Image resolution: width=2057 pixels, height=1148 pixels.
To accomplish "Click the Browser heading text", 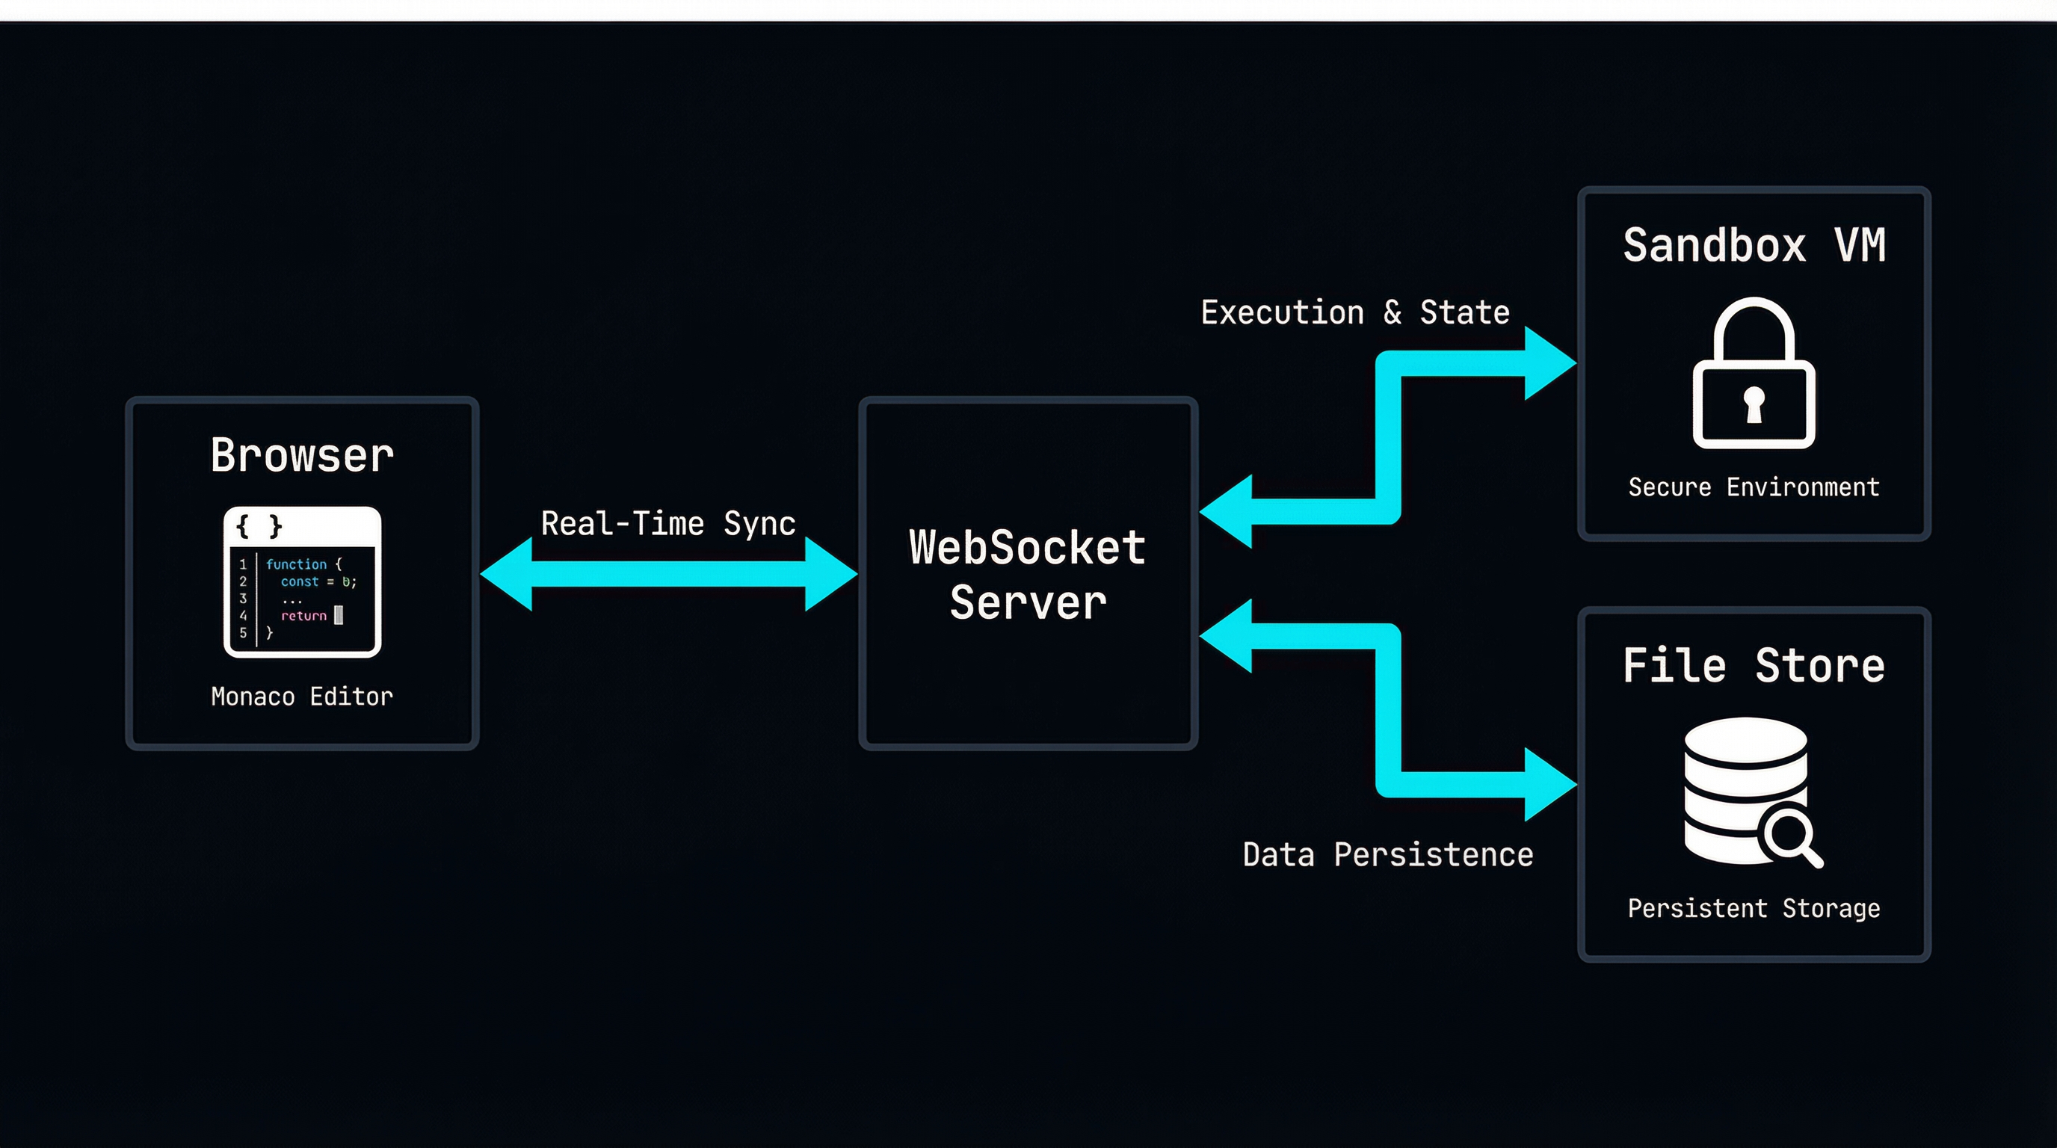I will pyautogui.click(x=302, y=456).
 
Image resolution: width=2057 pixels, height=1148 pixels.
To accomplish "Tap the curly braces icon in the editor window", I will pyautogui.click(x=259, y=526).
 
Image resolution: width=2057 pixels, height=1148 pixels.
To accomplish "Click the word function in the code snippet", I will pyautogui.click(x=295, y=564).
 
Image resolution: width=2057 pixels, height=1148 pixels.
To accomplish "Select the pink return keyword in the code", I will pyautogui.click(x=303, y=616).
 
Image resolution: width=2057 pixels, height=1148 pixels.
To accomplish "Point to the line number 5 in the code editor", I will pyautogui.click(x=243, y=632).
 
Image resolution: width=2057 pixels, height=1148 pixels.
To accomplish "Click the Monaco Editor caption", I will pyautogui.click(x=302, y=696).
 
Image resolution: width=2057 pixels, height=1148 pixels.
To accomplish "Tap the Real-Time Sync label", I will pyautogui.click(x=668, y=524).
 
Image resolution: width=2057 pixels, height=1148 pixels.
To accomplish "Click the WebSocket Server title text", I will pyautogui.click(x=1028, y=574).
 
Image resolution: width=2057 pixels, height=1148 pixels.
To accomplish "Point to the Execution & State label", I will pyautogui.click(x=1355, y=312).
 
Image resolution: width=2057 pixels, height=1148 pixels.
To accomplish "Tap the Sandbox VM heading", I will pyautogui.click(x=1754, y=245).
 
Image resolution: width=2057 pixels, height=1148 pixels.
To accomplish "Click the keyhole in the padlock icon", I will pyautogui.click(x=1754, y=403).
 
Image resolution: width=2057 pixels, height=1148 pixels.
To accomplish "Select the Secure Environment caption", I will pyautogui.click(x=1754, y=487).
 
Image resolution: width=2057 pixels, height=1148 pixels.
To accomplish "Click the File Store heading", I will pyautogui.click(x=1754, y=666).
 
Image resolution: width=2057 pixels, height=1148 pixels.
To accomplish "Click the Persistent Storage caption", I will pyautogui.click(x=1754, y=909).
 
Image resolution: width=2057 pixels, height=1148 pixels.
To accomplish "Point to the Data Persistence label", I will pyautogui.click(x=1388, y=855).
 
